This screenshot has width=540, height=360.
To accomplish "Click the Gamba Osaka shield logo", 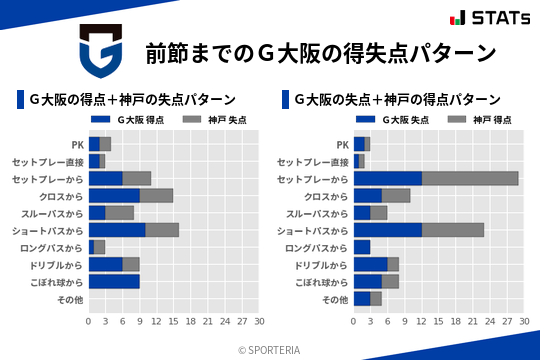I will [x=99, y=53].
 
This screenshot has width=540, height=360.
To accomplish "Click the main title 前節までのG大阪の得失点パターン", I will [x=320, y=52].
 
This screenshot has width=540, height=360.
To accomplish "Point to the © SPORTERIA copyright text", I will [x=270, y=350].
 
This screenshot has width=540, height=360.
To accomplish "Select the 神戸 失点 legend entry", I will [x=221, y=119].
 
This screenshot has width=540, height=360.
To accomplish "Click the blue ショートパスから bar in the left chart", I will [x=116, y=230].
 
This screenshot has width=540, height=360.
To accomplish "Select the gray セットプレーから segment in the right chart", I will [x=470, y=178].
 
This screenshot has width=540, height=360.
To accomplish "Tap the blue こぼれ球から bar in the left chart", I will [x=113, y=282].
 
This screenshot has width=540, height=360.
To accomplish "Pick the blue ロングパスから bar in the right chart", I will [x=362, y=247].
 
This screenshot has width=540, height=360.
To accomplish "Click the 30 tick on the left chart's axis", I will [x=258, y=322].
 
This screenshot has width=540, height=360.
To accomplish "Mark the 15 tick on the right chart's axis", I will [x=438, y=322].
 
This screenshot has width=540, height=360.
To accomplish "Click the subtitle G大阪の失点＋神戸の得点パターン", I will [x=398, y=100].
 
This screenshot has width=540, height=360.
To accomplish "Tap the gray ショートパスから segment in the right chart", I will [x=453, y=230].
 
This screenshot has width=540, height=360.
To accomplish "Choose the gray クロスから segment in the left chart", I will [x=156, y=196].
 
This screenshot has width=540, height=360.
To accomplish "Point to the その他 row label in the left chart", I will [x=69, y=299].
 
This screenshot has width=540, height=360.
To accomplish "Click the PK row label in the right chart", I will [x=342, y=144].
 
